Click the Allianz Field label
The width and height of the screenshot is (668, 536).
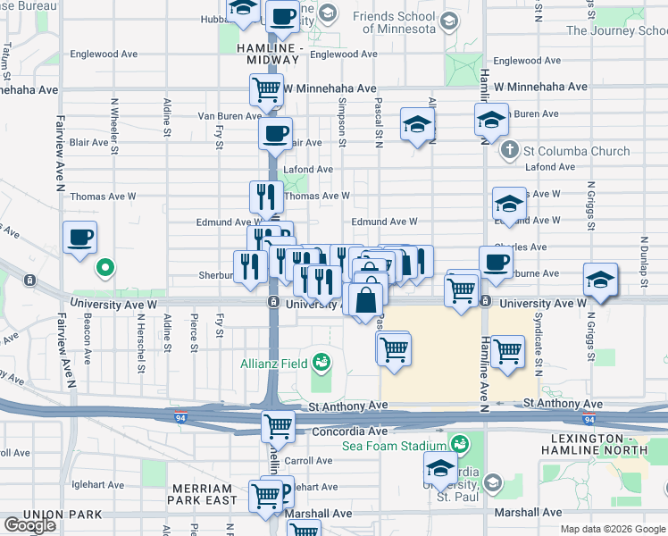[x=272, y=364]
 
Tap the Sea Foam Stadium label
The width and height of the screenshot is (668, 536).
[x=393, y=446]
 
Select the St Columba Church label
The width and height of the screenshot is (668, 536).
[x=566, y=151]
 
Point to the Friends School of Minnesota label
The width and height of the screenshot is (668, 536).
[x=394, y=22]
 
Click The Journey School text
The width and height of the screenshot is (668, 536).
[x=616, y=30]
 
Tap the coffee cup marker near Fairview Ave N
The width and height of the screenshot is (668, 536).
[x=80, y=238]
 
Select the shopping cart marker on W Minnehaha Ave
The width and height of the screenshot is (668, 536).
[x=266, y=89]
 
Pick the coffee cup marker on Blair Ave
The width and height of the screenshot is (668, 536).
[x=275, y=134]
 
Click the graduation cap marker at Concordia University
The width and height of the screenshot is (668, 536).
[x=440, y=468]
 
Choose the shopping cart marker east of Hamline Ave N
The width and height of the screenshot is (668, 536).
[x=507, y=350]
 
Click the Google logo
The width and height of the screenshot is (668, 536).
[x=30, y=525]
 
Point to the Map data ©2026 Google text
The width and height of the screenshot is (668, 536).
[x=613, y=529]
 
